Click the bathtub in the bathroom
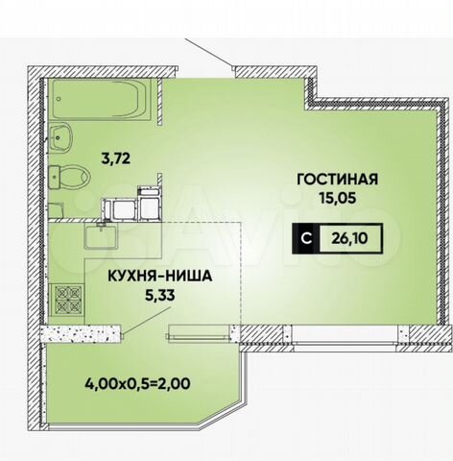100,100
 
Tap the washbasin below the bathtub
60,138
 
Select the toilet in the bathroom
69,177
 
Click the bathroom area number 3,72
116,158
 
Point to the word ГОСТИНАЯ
338,180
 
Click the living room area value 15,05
338,198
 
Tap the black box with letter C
306,238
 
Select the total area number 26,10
349,238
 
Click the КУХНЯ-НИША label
160,277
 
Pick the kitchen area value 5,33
160,296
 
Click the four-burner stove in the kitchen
68,300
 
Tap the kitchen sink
101,236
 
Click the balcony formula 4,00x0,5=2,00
137,383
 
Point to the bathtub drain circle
59,99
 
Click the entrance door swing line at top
208,53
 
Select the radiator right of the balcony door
199,336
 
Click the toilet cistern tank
54,177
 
